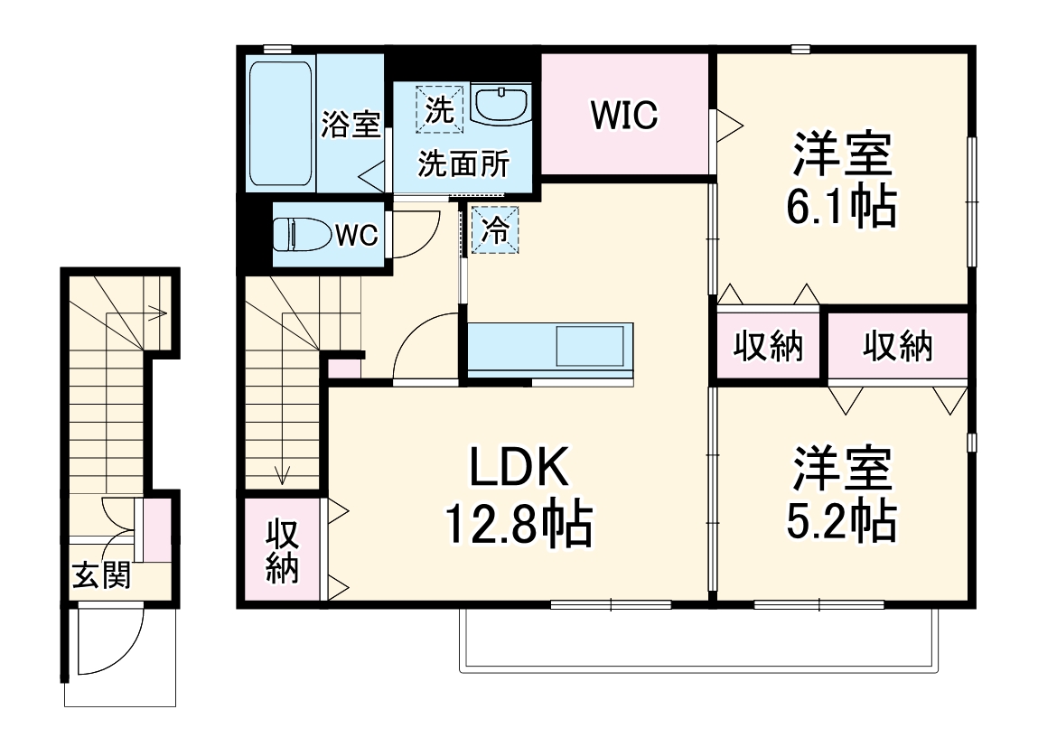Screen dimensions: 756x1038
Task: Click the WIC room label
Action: click(624, 115)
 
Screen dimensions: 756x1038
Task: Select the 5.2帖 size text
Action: click(841, 519)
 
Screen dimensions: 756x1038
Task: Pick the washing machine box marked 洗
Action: click(439, 109)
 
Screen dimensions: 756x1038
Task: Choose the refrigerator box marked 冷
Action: click(495, 229)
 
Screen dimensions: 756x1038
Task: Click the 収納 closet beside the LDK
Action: click(282, 550)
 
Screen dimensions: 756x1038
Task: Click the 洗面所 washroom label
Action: click(463, 164)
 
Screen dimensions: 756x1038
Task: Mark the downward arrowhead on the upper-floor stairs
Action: click(284, 476)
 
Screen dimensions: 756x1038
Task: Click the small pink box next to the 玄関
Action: click(158, 528)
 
